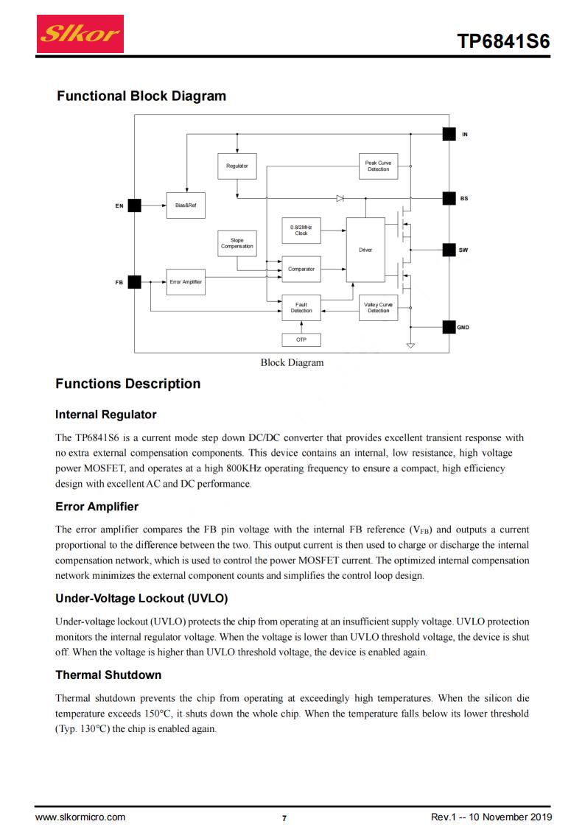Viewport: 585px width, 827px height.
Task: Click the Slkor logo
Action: click(80, 34)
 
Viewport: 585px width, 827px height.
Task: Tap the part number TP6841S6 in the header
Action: click(503, 41)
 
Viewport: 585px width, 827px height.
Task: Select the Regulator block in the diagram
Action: click(237, 166)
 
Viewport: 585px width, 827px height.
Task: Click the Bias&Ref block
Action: click(186, 205)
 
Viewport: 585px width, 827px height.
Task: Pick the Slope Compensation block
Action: click(237, 243)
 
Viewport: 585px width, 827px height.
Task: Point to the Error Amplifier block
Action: click(186, 282)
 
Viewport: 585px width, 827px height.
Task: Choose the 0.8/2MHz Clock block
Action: click(301, 230)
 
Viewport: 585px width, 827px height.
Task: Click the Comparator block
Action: click(301, 269)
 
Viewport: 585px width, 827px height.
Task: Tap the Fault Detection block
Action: click(301, 308)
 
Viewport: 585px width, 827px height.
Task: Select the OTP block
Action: click(301, 339)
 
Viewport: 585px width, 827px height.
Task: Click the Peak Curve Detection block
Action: click(378, 166)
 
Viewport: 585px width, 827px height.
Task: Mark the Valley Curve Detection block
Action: click(378, 308)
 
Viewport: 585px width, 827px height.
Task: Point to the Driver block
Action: click(365, 250)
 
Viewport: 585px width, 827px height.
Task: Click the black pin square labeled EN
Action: click(135, 205)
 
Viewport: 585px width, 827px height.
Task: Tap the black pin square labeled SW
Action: click(449, 250)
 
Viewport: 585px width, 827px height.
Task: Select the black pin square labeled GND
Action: click(449, 327)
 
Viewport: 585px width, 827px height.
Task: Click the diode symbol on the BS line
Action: click(340, 198)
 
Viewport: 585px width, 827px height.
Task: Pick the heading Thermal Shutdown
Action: click(108, 675)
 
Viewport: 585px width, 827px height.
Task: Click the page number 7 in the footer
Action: click(284, 818)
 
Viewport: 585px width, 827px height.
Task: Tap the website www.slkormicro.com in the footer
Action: click(80, 817)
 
